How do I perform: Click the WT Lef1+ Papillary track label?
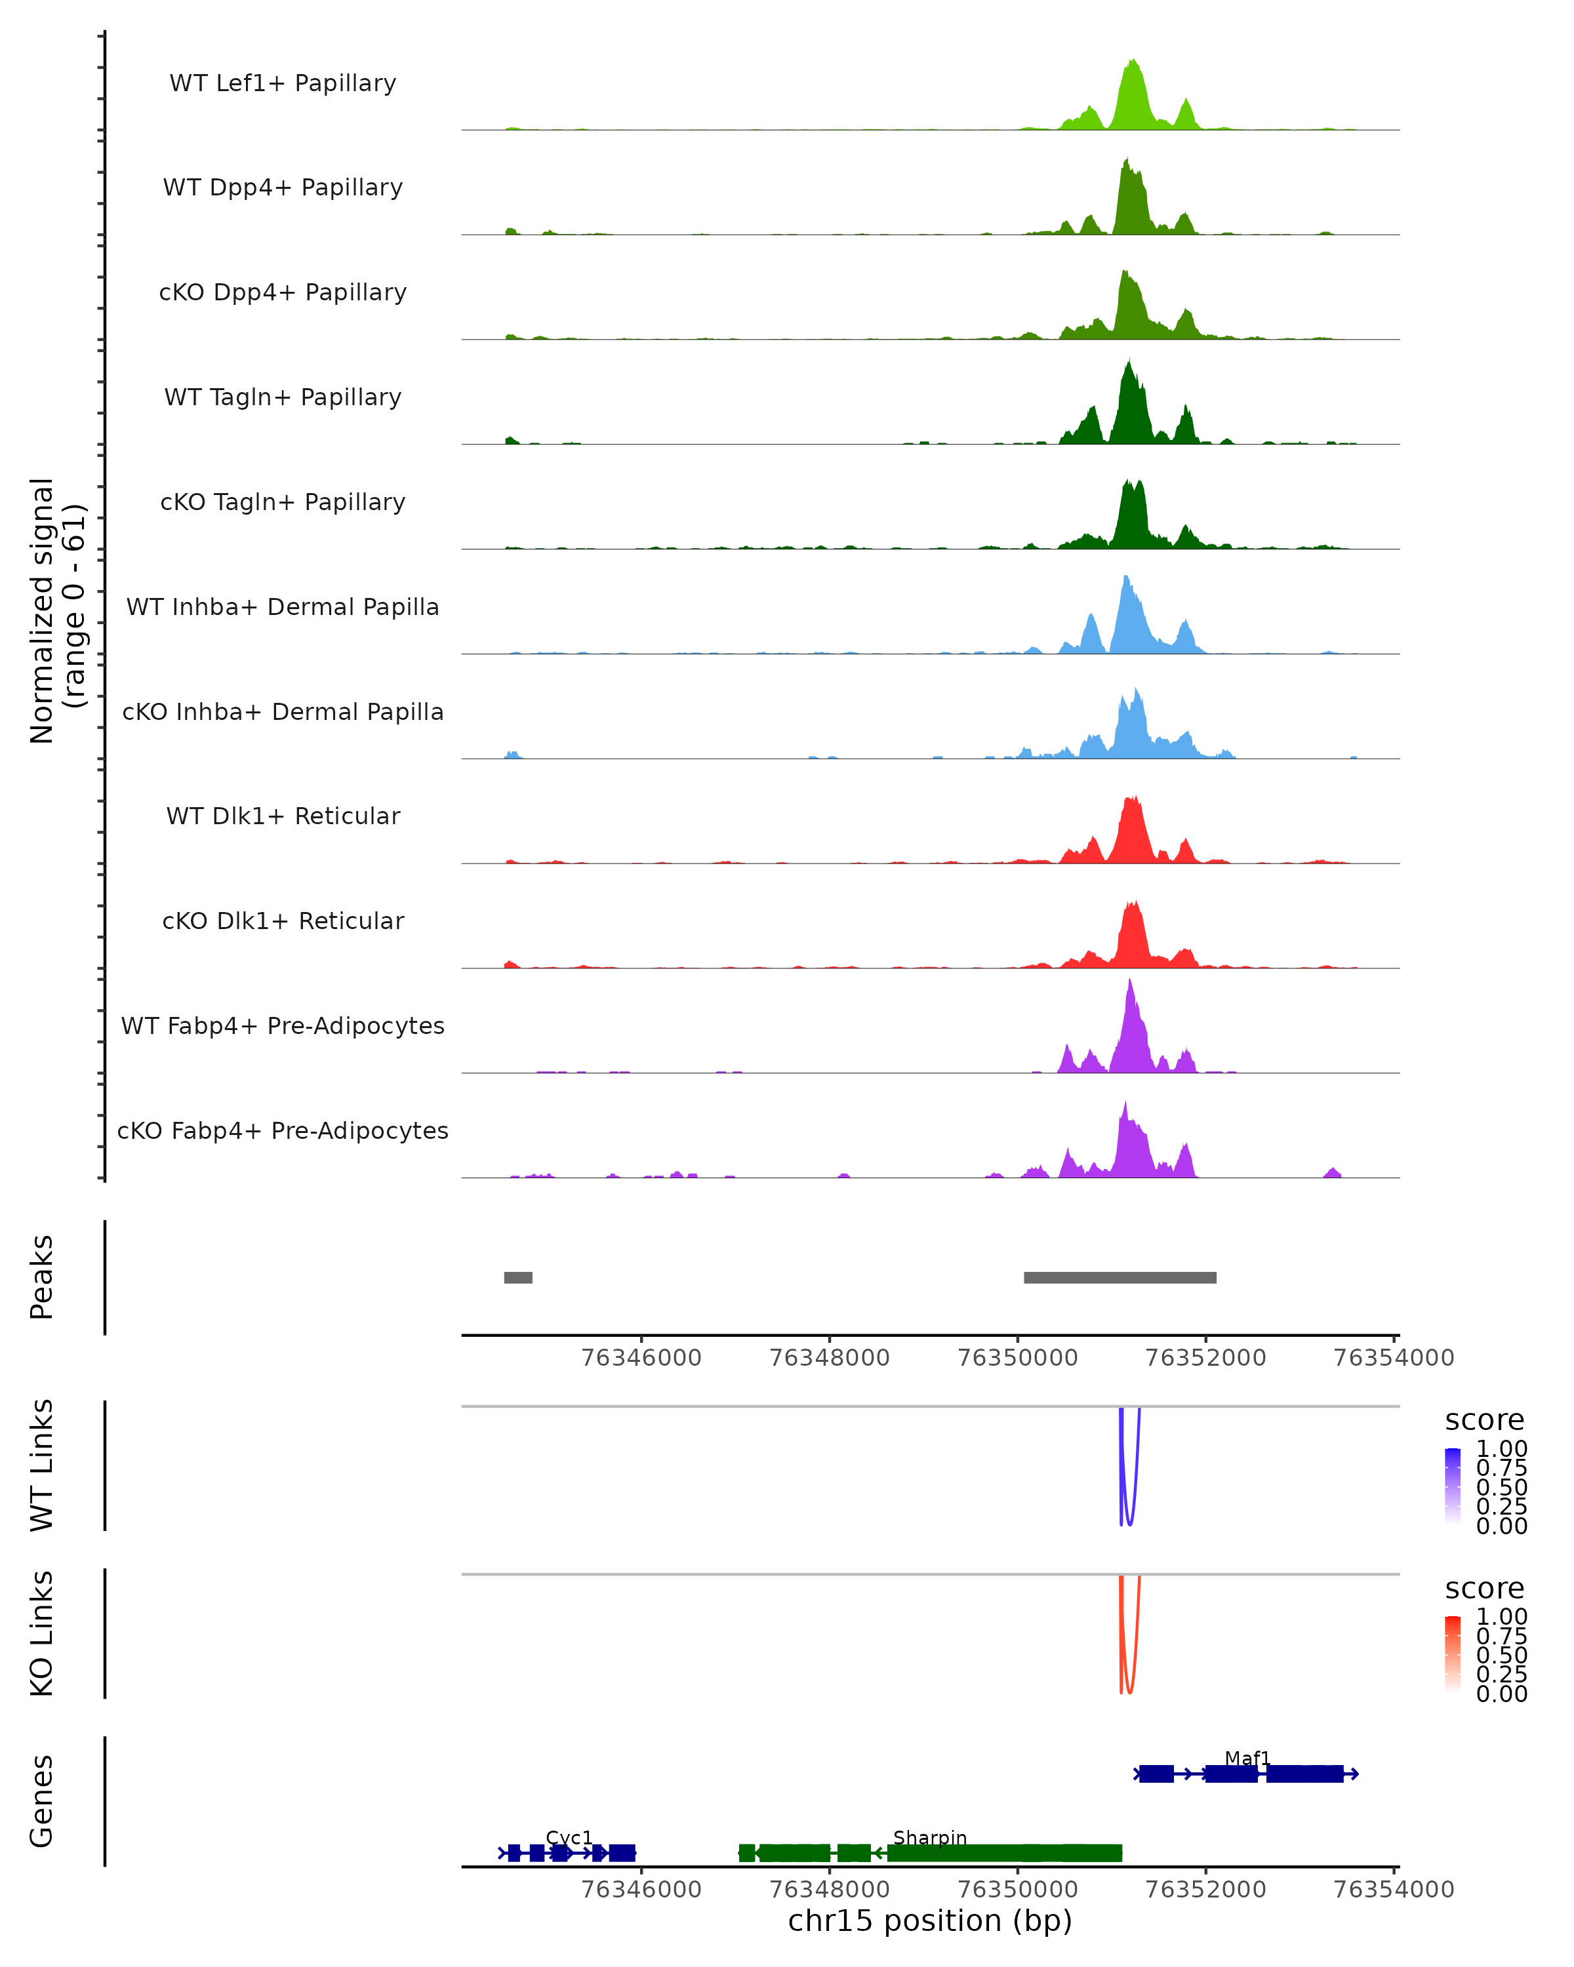click(x=283, y=83)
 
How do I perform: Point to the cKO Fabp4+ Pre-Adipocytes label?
click(x=283, y=1130)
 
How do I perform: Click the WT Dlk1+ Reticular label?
click(x=283, y=816)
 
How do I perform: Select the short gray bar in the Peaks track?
click(x=518, y=1277)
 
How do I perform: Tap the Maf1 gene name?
click(x=1247, y=1757)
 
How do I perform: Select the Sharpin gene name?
click(x=930, y=1837)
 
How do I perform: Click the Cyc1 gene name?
click(x=569, y=1837)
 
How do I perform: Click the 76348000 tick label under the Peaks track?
click(x=830, y=1358)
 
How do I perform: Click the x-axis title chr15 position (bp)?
click(x=930, y=1921)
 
